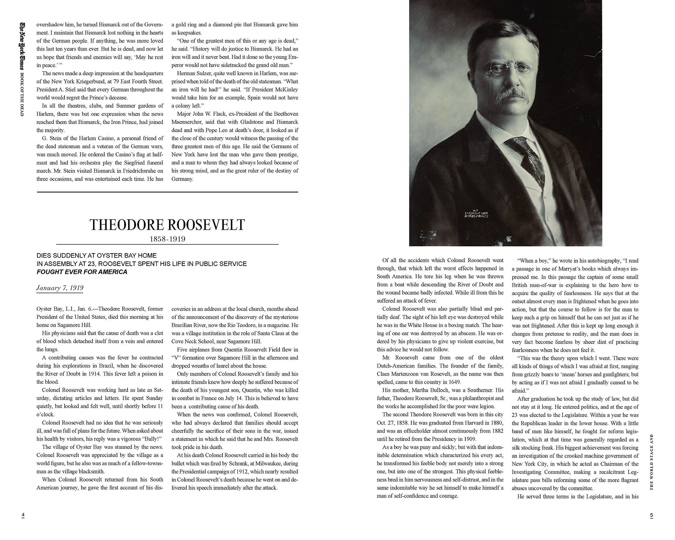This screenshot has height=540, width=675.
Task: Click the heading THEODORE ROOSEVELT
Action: [x=167, y=225]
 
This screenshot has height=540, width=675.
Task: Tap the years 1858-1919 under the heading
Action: [x=167, y=239]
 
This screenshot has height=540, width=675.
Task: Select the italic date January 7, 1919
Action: [x=60, y=288]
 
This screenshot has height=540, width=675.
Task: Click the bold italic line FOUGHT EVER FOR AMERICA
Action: [x=82, y=272]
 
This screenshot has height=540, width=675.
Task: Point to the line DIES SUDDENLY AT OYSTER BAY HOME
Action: [x=97, y=255]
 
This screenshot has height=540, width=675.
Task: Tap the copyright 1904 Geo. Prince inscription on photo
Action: [x=476, y=213]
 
